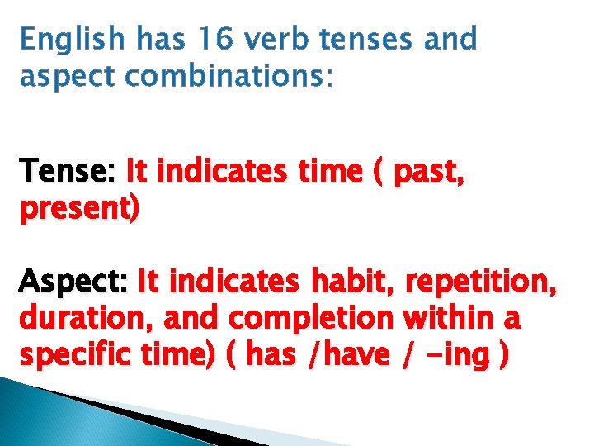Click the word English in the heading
tap(72, 39)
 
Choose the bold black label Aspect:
tap(75, 282)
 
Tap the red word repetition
tap(478, 282)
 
